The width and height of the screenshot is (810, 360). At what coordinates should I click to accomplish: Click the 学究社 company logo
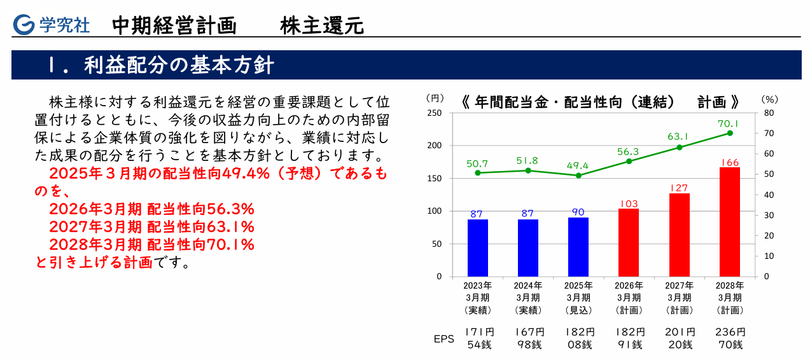coord(52,25)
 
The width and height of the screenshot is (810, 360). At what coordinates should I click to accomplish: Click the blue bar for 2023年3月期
coord(477,247)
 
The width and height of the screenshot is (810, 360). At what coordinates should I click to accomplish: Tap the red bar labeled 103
coord(629,242)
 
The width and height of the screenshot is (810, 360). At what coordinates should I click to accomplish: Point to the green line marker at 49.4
coord(578,176)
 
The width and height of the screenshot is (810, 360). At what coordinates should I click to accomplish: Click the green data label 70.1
coord(729,123)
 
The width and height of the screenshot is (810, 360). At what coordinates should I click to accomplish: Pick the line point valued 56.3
coord(629,161)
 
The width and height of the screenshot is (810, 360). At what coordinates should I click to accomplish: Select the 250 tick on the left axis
coord(435,113)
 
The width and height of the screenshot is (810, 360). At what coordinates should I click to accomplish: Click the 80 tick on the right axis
coord(767,113)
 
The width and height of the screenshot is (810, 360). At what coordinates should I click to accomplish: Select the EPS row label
coord(443,339)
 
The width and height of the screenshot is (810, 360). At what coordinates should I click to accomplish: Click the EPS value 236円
coord(729,332)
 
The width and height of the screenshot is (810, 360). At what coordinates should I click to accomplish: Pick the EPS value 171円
coord(478,332)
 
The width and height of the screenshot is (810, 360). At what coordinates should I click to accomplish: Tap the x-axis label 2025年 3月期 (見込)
coord(578,298)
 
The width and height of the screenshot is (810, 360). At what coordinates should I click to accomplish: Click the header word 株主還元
coord(322,25)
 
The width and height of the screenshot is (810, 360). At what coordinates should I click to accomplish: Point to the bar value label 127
coord(679,188)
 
